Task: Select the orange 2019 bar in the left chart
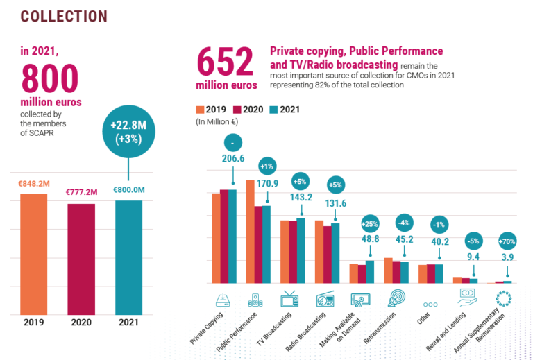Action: (x=33, y=253)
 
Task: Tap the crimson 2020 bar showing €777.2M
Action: (x=81, y=258)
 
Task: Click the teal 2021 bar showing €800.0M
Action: (x=128, y=257)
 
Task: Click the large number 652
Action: (x=227, y=62)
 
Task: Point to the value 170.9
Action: (x=268, y=184)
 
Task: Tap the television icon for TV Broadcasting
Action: (x=290, y=300)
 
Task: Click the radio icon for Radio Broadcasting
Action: (x=325, y=300)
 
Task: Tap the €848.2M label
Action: (x=33, y=185)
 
